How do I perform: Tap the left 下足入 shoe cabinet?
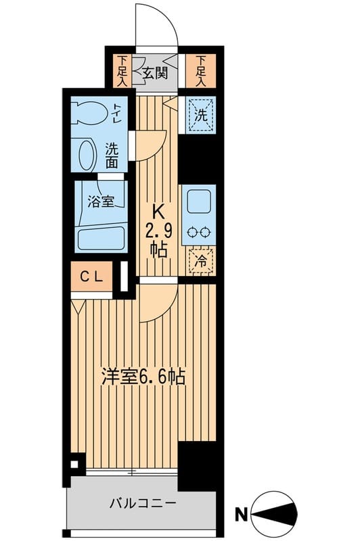(x=122, y=70)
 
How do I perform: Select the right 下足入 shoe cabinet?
(x=201, y=70)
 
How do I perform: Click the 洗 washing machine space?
(x=201, y=112)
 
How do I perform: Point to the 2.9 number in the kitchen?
(x=161, y=231)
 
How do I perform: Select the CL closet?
(x=92, y=276)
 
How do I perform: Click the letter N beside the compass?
(x=240, y=516)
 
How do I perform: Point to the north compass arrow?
(x=273, y=516)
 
